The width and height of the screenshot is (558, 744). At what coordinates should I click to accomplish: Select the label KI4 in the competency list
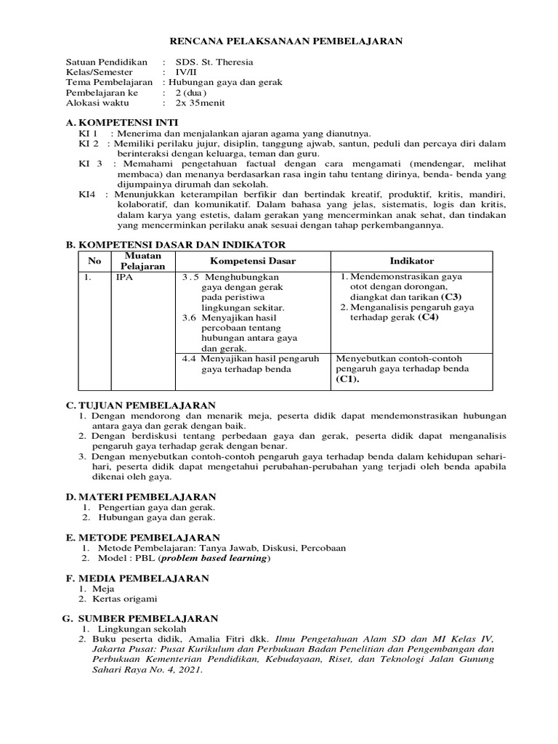click(87, 195)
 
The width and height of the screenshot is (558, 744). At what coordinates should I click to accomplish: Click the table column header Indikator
click(411, 261)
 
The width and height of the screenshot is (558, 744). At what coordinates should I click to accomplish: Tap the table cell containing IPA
click(124, 277)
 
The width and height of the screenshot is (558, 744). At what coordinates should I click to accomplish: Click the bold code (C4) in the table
click(428, 318)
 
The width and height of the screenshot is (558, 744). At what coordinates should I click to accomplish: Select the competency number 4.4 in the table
click(189, 358)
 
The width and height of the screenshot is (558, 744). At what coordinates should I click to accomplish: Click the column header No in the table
click(94, 261)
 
